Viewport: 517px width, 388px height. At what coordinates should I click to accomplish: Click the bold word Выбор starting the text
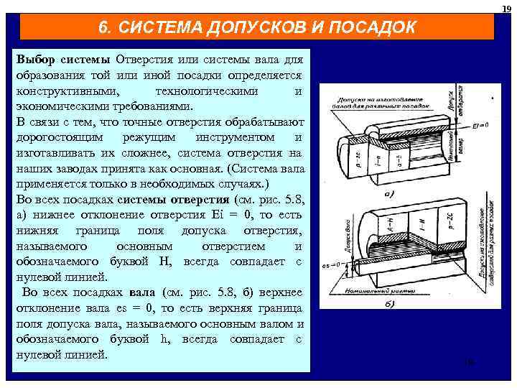tap(37, 57)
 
